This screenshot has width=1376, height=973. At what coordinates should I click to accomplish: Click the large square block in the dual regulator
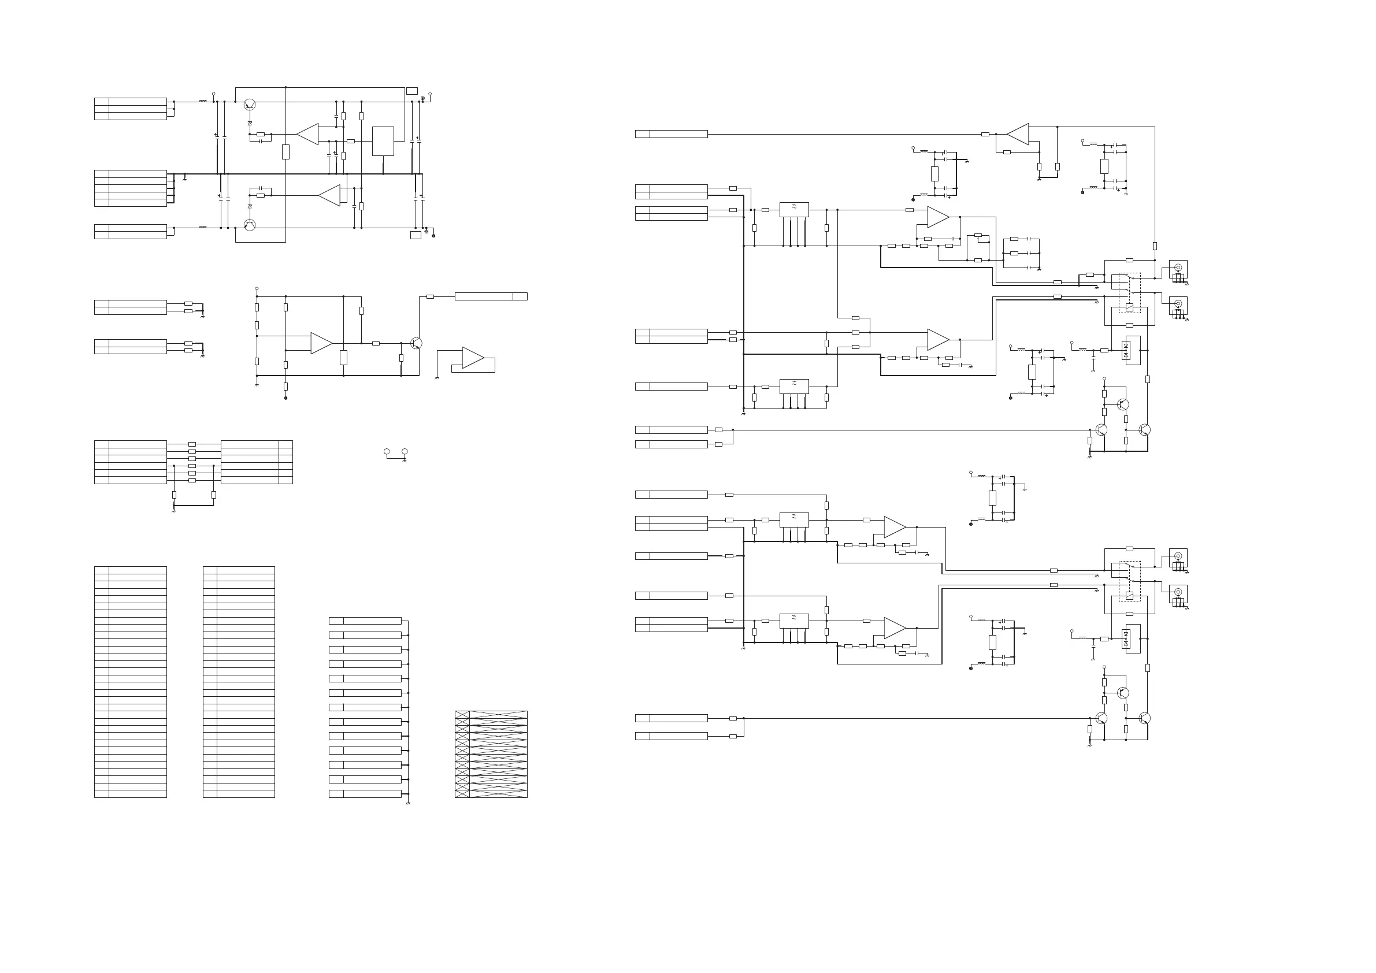pos(383,142)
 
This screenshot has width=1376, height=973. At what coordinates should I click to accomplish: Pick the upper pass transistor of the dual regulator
pos(250,104)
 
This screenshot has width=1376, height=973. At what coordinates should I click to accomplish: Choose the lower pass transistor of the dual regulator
pos(250,225)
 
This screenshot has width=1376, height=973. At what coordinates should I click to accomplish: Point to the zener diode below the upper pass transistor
pos(250,123)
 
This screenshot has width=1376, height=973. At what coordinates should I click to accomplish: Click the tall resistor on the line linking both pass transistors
pos(285,151)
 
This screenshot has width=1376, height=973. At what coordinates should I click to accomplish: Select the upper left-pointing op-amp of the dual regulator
pos(308,134)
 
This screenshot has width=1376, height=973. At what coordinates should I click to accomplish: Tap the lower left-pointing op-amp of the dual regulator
pos(329,195)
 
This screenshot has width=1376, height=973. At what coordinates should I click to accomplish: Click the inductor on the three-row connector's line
pos(203,102)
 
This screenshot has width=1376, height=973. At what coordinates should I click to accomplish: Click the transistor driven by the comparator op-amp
pos(416,343)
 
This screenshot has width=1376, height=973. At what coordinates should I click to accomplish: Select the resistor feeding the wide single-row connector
pos(430,296)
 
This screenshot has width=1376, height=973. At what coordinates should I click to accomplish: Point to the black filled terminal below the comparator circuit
pos(285,398)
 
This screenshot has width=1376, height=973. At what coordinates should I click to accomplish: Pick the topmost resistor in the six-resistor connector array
pos(192,444)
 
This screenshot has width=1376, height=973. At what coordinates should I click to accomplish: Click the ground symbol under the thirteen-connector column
pos(408,802)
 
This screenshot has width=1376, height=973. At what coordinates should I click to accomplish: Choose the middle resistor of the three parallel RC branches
pos(1014,254)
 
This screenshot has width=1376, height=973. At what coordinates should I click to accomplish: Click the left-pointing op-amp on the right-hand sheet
pos(1018,134)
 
